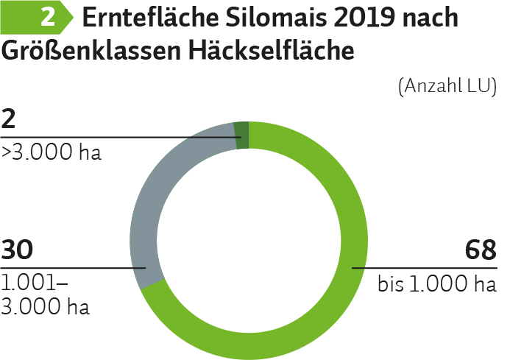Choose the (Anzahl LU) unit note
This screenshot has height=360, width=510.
click(447, 86)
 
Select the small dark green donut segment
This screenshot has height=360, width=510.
click(242, 135)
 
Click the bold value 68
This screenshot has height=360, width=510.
click(481, 250)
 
